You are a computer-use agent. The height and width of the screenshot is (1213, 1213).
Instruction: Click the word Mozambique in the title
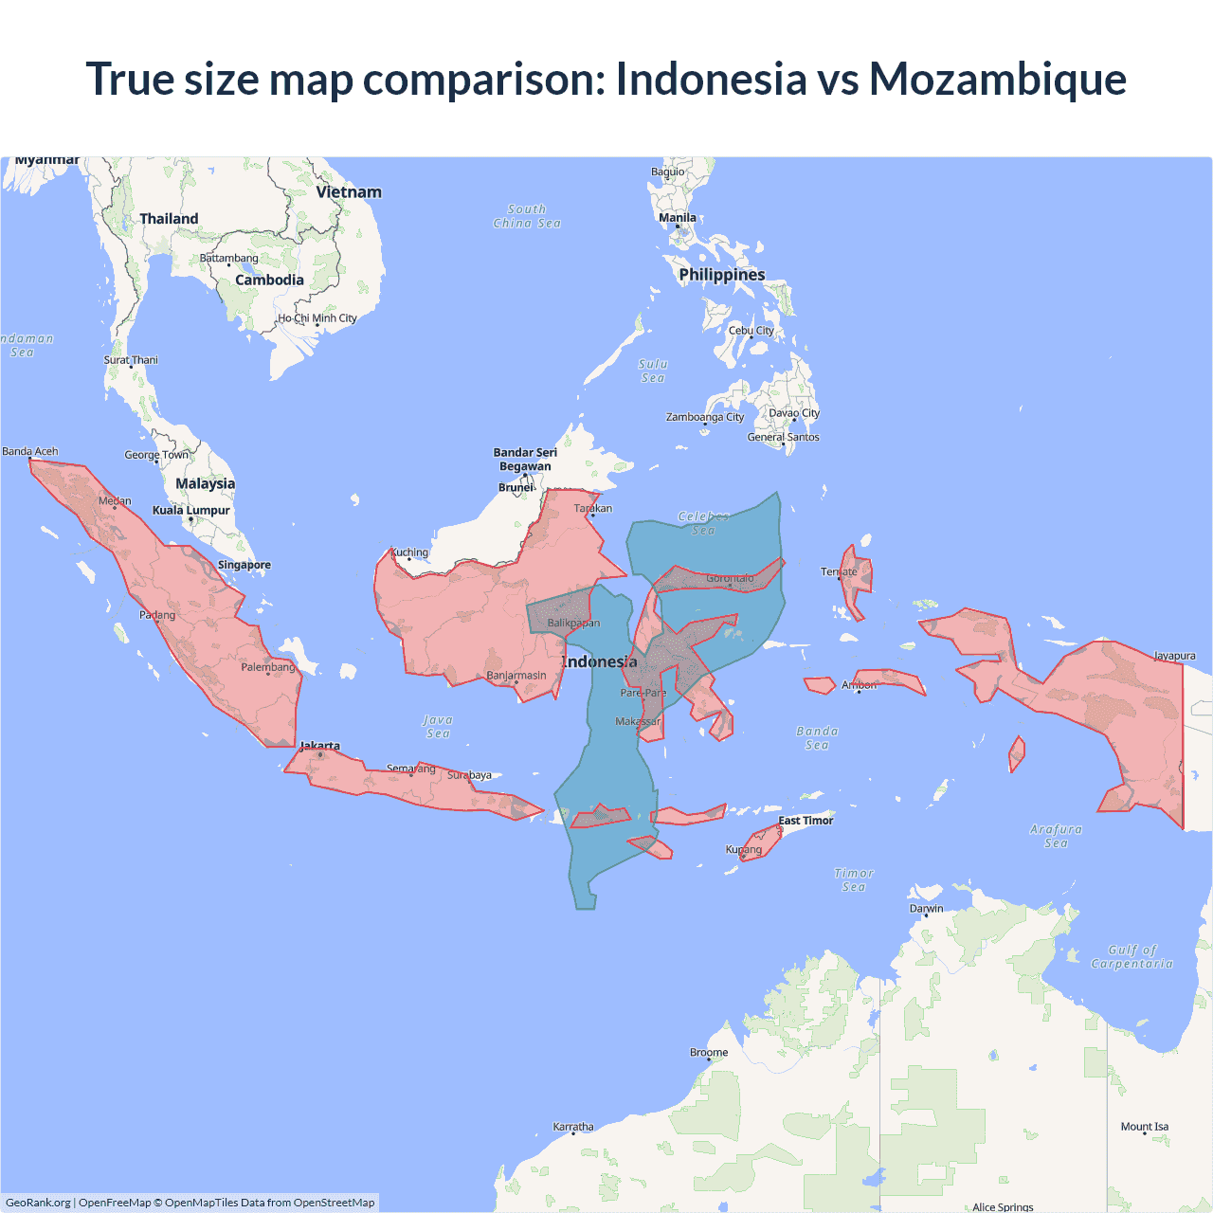[x=997, y=79]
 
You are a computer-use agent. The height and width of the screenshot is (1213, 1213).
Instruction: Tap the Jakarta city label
[x=320, y=746]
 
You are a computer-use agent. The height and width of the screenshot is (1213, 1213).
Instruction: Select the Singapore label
[x=244, y=565]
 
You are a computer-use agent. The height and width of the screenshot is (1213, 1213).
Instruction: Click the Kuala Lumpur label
[x=191, y=510]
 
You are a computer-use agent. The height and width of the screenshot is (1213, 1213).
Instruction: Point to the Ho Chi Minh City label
[x=317, y=318]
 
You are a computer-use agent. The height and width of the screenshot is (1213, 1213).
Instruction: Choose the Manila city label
[x=678, y=218]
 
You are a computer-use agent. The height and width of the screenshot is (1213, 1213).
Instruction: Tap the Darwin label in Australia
[x=927, y=908]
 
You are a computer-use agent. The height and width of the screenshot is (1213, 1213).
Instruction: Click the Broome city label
[x=709, y=1052]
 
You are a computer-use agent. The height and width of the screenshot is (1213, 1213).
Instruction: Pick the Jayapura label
[x=1174, y=656]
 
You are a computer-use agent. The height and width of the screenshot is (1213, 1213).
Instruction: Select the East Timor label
[x=806, y=821]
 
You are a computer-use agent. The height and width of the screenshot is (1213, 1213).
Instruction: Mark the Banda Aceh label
[x=30, y=451]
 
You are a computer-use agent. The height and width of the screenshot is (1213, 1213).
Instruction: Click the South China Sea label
[x=527, y=216]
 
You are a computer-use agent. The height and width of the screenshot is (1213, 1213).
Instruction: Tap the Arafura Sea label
[x=1056, y=836]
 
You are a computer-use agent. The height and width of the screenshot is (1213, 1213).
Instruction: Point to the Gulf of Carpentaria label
[x=1132, y=956]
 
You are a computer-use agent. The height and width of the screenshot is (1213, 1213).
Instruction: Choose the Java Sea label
[x=438, y=727]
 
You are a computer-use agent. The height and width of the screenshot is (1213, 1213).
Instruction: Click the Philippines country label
[x=722, y=275]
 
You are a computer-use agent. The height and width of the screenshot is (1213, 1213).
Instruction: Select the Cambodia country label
[x=270, y=280]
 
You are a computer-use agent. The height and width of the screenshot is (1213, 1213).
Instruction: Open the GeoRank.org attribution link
[x=38, y=1203]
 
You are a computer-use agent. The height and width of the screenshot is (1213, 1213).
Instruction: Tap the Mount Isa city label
[x=1145, y=1127]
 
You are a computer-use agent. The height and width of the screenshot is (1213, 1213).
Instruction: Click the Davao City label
[x=794, y=413]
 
